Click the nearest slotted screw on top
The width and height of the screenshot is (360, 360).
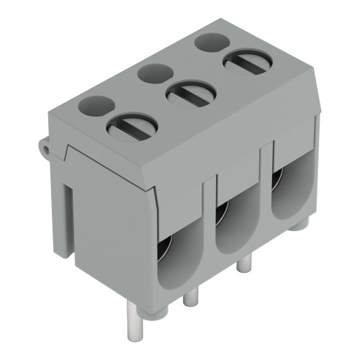132,128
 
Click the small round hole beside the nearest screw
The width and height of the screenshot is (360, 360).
95,107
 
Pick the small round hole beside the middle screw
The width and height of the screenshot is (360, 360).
153,73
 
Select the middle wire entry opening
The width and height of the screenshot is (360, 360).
235,223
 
